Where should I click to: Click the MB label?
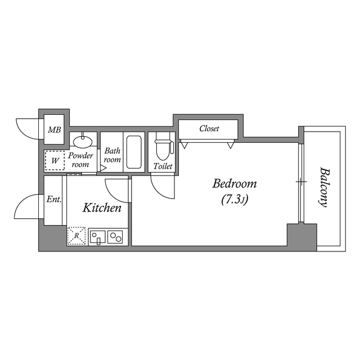54,130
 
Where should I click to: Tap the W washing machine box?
55,161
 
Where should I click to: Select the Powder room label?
80,160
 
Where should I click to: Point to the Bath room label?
112,155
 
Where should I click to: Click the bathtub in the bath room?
134,152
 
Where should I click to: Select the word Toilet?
163,166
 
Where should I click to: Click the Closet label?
209,129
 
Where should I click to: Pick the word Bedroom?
234,183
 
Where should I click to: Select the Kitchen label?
102,208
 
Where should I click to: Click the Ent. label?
54,199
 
